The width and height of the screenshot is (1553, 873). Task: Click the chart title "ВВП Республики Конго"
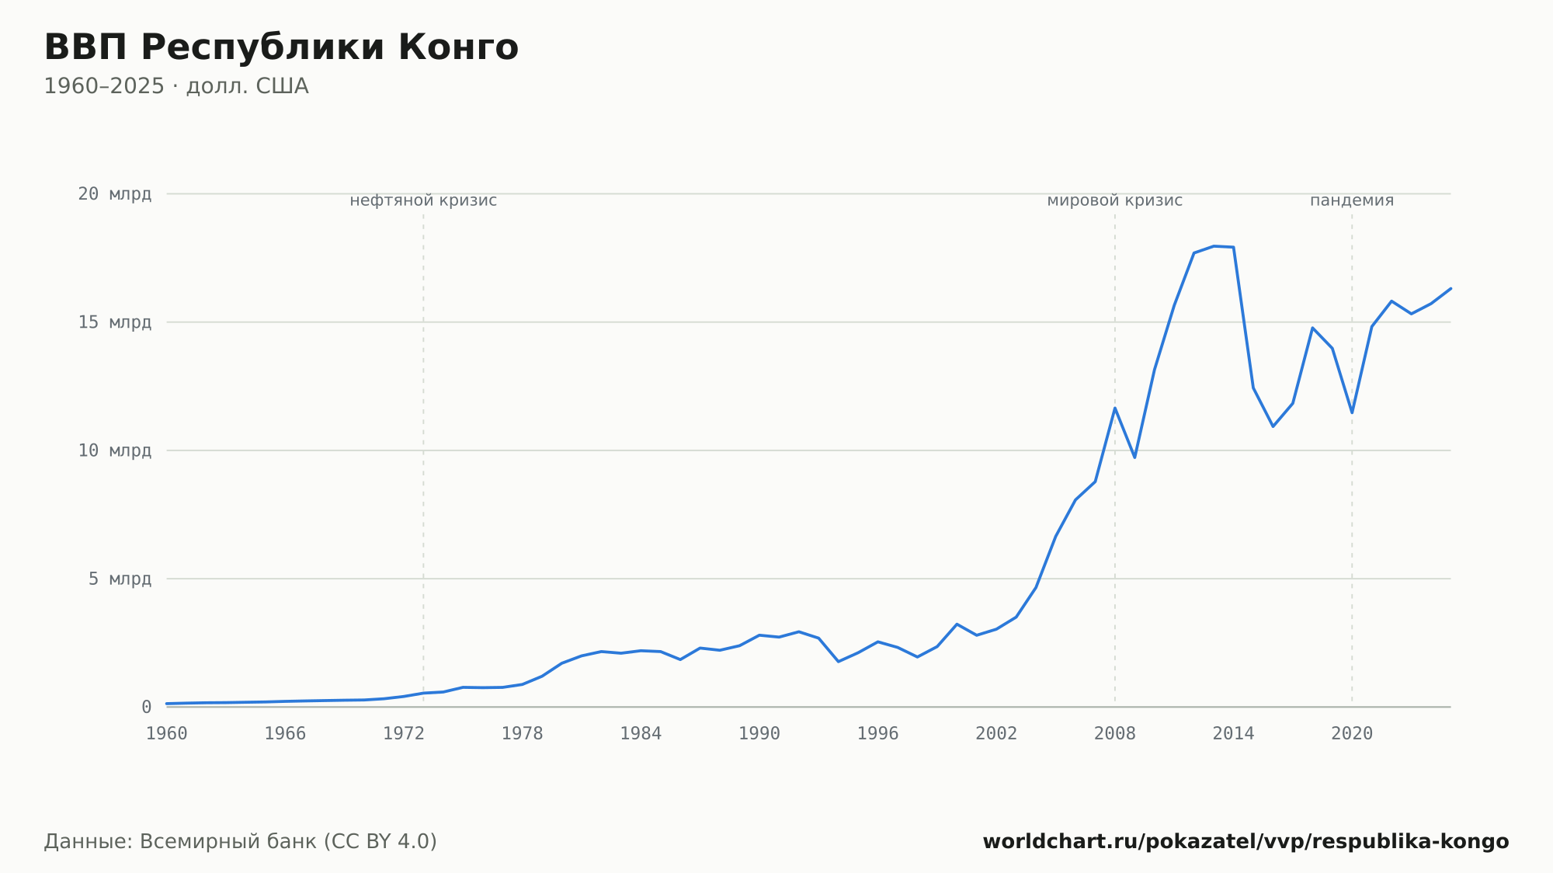(x=281, y=47)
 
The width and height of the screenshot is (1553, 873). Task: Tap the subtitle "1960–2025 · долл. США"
(x=176, y=86)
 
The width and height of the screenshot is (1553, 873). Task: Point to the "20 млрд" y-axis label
(x=114, y=193)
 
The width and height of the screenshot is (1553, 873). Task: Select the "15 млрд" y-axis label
(x=114, y=322)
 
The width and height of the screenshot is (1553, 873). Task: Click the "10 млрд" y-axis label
(x=114, y=450)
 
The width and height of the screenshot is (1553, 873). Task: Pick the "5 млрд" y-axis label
(x=120, y=579)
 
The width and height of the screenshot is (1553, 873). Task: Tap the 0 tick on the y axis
(x=146, y=707)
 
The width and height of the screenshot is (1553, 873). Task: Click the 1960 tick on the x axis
(x=167, y=734)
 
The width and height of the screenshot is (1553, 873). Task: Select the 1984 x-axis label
(x=641, y=734)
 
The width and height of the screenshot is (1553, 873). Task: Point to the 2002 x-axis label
(x=996, y=734)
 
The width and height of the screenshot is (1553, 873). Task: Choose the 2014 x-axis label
(x=1233, y=734)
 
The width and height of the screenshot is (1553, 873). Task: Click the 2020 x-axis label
(x=1352, y=734)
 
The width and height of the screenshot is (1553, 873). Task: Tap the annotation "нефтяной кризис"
(x=423, y=200)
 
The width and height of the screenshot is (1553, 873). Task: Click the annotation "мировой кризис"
(x=1115, y=200)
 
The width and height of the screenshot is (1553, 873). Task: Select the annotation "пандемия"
(x=1352, y=200)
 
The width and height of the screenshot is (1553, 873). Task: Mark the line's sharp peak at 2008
(x=1115, y=408)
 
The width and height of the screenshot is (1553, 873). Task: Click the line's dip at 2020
(x=1352, y=412)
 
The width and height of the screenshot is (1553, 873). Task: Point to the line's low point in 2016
(x=1273, y=426)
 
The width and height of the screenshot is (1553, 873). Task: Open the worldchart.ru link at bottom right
(x=1246, y=842)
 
